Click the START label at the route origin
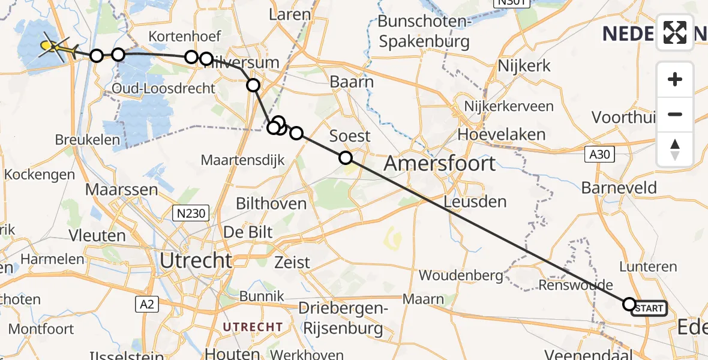tap(649, 308)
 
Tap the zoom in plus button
tap(675, 80)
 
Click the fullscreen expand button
tap(675, 32)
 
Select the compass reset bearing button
tap(675, 149)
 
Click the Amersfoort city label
tap(440, 163)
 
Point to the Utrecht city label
tap(196, 260)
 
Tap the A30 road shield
tap(599, 155)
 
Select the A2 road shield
tap(146, 304)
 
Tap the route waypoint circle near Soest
tap(346, 158)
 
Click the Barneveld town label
tap(619, 187)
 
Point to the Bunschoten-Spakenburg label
tap(424, 32)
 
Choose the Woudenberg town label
tap(461, 275)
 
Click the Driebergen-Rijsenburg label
tap(343, 319)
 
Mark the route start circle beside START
tap(629, 304)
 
